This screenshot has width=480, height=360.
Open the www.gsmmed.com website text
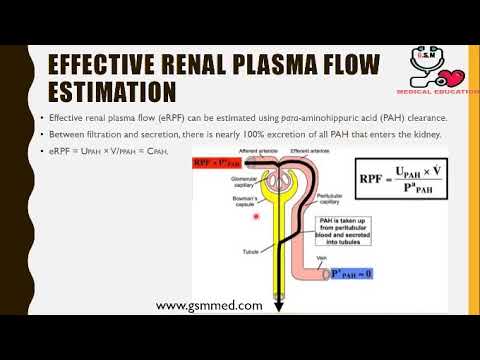tap(210, 305)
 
